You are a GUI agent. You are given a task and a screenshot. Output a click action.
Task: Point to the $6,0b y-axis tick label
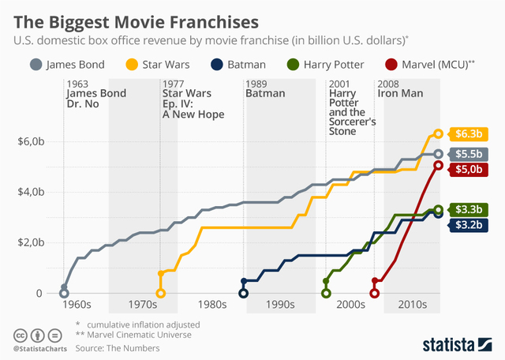pyautogui.click(x=32, y=141)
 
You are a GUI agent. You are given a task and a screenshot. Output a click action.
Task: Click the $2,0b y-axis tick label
pyautogui.click(x=32, y=242)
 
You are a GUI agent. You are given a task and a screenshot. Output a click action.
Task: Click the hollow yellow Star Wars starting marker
pyautogui.click(x=161, y=294)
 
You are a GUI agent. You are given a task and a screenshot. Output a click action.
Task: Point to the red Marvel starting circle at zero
pyautogui.click(x=375, y=294)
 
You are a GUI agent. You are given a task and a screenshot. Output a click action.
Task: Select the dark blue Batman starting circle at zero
pyautogui.click(x=244, y=294)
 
